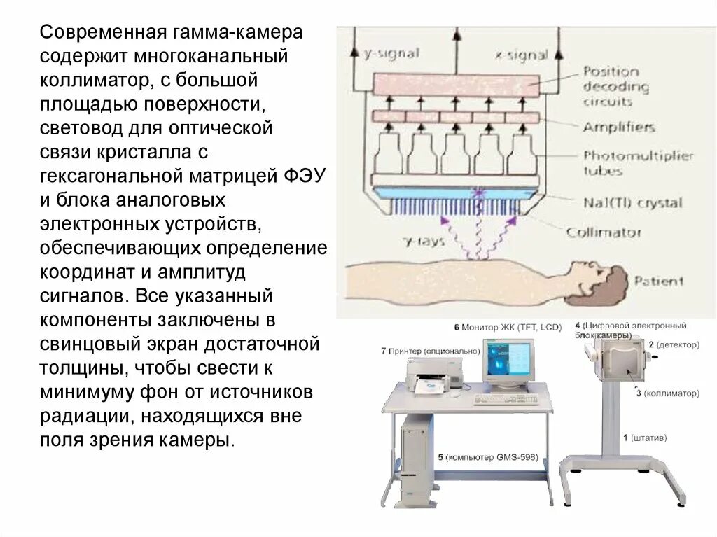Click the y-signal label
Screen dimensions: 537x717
(391, 53)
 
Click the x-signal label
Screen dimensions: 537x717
(521, 53)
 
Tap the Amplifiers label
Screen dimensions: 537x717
(619, 127)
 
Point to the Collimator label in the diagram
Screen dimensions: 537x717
(604, 232)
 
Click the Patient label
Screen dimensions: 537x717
(658, 281)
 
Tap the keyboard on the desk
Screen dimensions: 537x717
(506, 399)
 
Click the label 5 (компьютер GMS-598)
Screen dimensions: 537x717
(487, 457)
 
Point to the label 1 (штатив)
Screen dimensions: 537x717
(645, 438)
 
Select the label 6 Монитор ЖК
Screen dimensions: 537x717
(498, 326)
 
